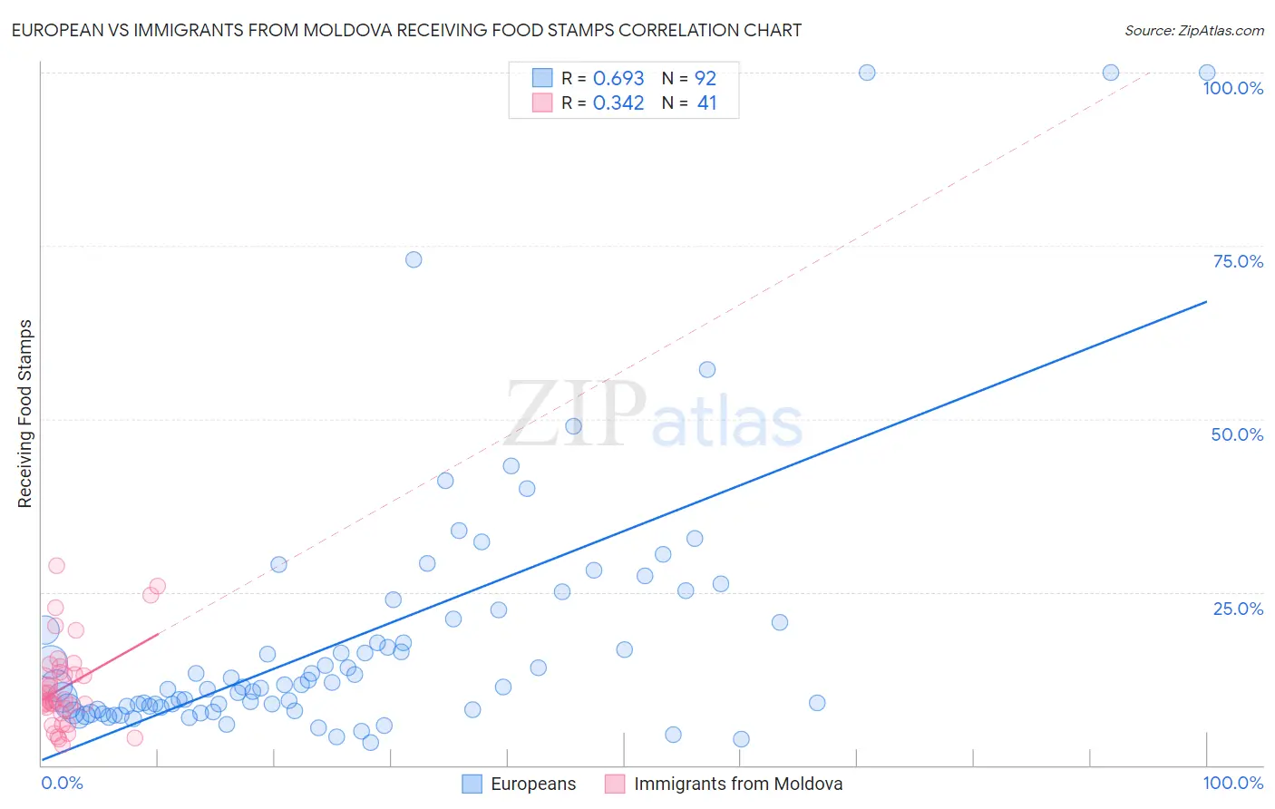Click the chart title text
[406, 30]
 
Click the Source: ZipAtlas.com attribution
[1193, 30]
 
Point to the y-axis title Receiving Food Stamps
[24, 414]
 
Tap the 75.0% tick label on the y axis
[1237, 261]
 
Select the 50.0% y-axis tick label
[1236, 434]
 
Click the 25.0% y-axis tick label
[1237, 609]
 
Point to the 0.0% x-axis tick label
[62, 783]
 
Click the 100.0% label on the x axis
[1232, 783]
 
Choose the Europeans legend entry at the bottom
[532, 784]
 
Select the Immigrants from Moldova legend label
[737, 784]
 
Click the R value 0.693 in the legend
[618, 78]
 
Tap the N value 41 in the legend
[706, 103]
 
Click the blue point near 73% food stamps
[414, 259]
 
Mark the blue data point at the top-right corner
[1206, 73]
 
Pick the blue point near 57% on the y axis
[707, 369]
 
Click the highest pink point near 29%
[56, 565]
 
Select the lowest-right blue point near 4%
[741, 739]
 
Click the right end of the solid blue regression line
[1206, 301]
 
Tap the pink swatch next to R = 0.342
[541, 103]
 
